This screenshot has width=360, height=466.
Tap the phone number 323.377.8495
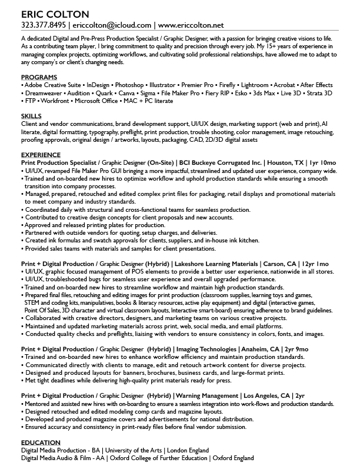[42, 25]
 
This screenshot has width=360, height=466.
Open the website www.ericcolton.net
[191, 25]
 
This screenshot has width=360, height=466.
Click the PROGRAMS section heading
[39, 78]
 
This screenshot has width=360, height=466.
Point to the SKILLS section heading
[31, 116]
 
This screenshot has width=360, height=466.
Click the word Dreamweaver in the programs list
[43, 93]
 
